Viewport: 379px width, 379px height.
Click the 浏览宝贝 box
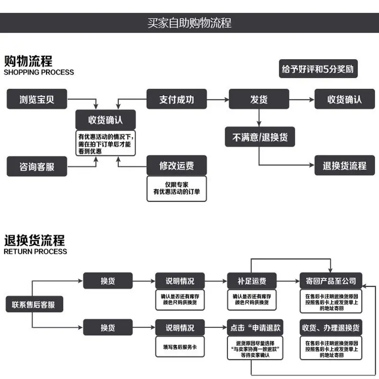point(37,99)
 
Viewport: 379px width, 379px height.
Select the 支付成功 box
point(177,99)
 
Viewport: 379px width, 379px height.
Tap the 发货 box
point(259,99)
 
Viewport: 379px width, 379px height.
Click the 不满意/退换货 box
point(260,137)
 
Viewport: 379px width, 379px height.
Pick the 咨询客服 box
point(37,166)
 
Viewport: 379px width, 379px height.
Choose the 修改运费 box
point(177,165)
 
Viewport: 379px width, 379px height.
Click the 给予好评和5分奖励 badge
point(318,69)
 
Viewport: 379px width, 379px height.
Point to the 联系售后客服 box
point(34,304)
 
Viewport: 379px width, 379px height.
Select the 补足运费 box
point(252,280)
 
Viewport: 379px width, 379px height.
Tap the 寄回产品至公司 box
point(331,280)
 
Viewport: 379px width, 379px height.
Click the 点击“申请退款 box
point(255,327)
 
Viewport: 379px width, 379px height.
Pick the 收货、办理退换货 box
point(331,327)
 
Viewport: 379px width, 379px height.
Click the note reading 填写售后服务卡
point(180,347)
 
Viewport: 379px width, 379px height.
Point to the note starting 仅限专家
point(177,189)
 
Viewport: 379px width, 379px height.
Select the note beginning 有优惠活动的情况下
point(105,144)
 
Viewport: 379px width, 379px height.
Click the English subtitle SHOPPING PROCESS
point(39,72)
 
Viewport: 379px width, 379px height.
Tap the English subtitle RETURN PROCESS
point(35,252)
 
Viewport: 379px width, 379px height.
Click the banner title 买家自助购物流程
point(189,23)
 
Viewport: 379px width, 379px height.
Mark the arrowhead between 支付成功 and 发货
point(226,99)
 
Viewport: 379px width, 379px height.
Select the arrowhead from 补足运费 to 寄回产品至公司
point(298,281)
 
